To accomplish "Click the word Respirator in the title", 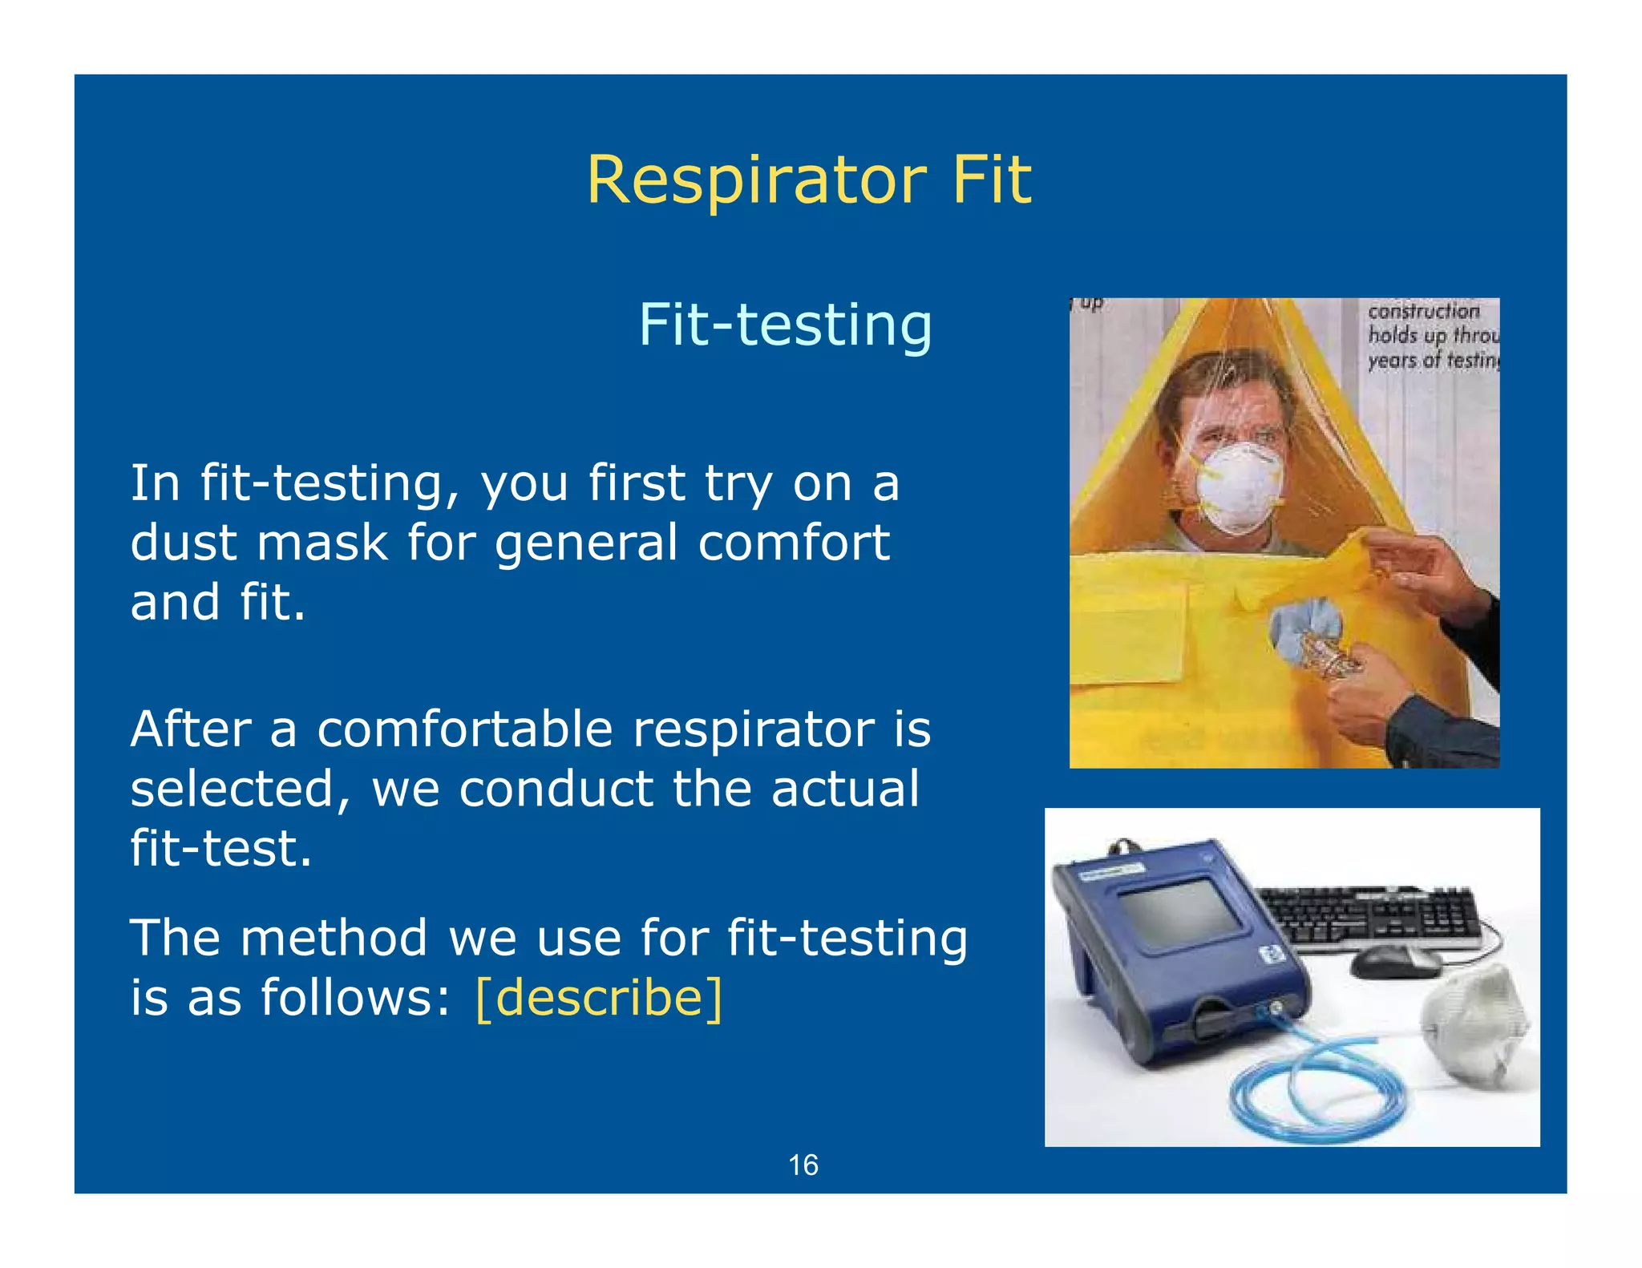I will [756, 181].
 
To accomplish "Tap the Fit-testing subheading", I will [785, 325].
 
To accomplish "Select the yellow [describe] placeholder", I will [599, 998].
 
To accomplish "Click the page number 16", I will [803, 1165].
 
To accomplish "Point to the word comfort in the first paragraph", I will [793, 543].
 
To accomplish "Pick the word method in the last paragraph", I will [334, 938].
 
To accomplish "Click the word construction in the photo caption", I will [1423, 311].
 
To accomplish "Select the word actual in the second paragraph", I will [844, 789].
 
